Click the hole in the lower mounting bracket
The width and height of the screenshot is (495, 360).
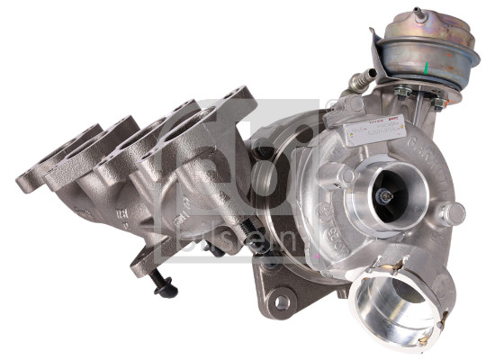click(283, 301)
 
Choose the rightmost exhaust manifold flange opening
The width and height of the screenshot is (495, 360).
click(225, 108)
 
